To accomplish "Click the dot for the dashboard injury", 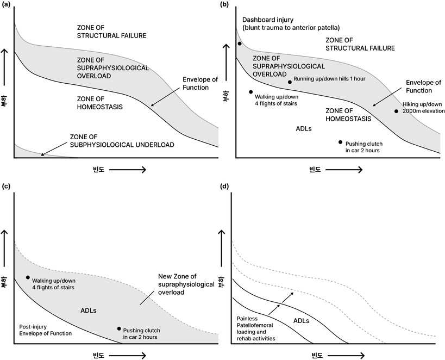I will tap(239, 44).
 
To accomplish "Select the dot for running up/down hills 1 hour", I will tap(290, 82).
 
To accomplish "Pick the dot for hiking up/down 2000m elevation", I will tap(396, 111).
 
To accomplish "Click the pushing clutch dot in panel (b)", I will tap(340, 142).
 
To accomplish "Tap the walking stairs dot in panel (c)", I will tap(28, 277).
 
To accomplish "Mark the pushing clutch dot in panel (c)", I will tap(118, 328).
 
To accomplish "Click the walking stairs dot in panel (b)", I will tap(250, 92).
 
